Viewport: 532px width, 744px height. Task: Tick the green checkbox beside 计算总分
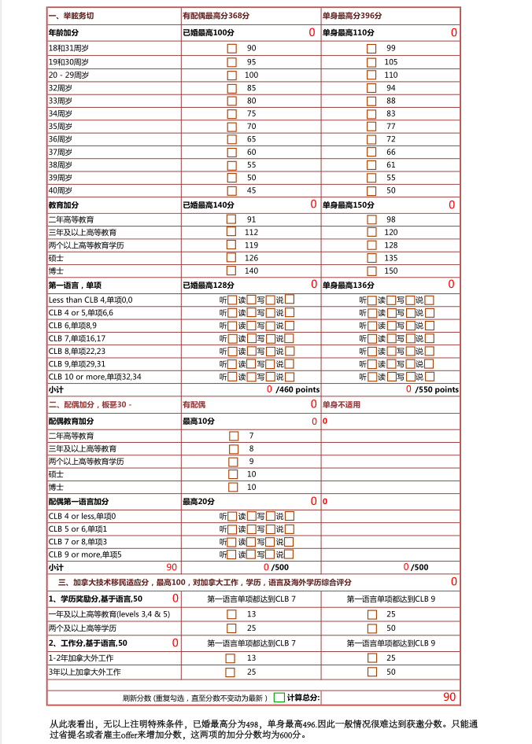tap(279, 698)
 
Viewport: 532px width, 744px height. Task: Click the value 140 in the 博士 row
tap(251, 271)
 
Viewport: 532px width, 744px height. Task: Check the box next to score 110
tap(371, 75)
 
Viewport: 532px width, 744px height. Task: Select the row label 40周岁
tap(61, 190)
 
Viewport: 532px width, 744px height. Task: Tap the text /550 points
tap(437, 389)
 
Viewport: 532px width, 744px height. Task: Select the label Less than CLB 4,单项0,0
tap(91, 300)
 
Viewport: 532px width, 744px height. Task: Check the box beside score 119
tap(231, 245)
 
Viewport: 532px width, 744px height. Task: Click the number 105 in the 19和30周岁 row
tap(391, 61)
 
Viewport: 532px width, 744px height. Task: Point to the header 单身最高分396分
tap(352, 16)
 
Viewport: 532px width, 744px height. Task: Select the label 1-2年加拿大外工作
tap(81, 657)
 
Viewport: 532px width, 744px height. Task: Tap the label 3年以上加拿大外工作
tap(84, 672)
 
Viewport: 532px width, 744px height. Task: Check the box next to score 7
tap(234, 436)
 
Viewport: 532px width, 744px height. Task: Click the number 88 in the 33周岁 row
tap(391, 101)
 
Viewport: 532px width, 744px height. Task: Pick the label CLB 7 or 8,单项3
tap(78, 542)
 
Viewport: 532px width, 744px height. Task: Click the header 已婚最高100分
tap(208, 32)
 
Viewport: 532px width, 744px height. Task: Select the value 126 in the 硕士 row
tap(251, 257)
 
